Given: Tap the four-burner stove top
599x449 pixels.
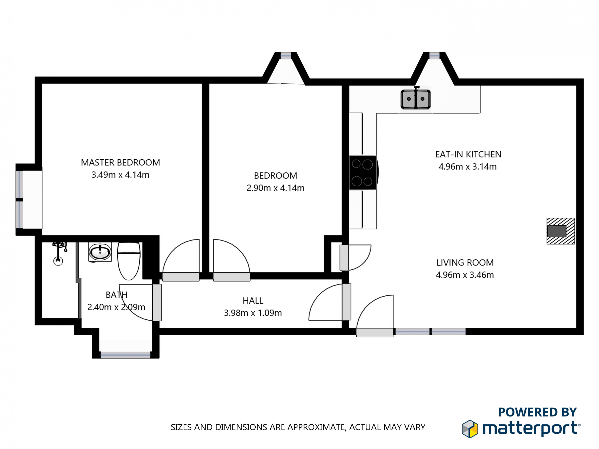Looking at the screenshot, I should pyautogui.click(x=363, y=173).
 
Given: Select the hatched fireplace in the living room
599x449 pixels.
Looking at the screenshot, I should pyautogui.click(x=561, y=231).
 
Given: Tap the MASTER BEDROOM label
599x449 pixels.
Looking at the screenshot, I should pyautogui.click(x=120, y=162).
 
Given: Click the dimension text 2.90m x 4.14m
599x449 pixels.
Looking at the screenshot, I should pyautogui.click(x=275, y=188).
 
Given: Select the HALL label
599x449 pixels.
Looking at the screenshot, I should pyautogui.click(x=253, y=301).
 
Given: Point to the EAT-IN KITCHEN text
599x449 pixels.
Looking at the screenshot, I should pyautogui.click(x=468, y=154).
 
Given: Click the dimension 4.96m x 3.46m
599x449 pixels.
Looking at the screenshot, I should pyautogui.click(x=465, y=275).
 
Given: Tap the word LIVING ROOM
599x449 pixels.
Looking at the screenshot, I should pyautogui.click(x=465, y=262).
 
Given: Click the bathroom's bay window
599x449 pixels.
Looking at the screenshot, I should pyautogui.click(x=125, y=354).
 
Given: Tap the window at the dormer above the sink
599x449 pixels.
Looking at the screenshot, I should pyautogui.click(x=434, y=56).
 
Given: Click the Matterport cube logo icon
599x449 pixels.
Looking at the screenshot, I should pyautogui.click(x=470, y=429).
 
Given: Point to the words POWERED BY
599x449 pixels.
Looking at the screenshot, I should pyautogui.click(x=537, y=412).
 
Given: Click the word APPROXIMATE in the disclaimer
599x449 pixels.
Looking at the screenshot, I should pyautogui.click(x=316, y=427).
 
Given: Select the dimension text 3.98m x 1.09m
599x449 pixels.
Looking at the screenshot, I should pyautogui.click(x=253, y=313).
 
